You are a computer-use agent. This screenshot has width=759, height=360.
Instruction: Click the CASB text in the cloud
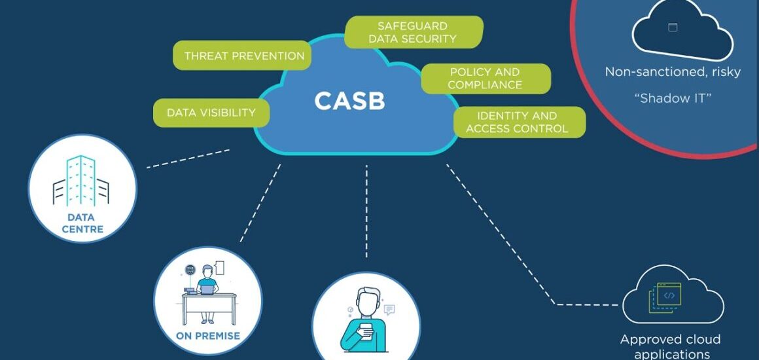(x=349, y=101)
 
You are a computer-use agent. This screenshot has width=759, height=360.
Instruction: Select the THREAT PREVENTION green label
(x=244, y=56)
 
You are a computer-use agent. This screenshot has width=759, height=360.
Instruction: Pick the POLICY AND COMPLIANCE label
(x=485, y=79)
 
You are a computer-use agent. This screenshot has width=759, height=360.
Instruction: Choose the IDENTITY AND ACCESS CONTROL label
(x=517, y=122)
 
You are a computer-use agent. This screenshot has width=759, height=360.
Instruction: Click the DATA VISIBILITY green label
(x=211, y=113)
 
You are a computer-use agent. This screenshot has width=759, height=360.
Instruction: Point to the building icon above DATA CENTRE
(x=81, y=181)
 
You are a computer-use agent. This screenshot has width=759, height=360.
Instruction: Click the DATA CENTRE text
(x=82, y=223)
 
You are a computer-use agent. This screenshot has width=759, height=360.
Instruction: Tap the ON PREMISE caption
(x=208, y=336)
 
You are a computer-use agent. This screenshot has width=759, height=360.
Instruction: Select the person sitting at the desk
(x=208, y=288)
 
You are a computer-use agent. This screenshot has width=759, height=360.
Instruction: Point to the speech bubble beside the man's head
(x=389, y=310)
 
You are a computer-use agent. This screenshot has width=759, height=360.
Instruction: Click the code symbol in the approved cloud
(x=669, y=295)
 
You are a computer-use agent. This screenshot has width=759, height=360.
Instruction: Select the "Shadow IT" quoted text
(x=673, y=99)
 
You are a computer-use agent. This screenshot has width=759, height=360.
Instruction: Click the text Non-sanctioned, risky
(x=673, y=72)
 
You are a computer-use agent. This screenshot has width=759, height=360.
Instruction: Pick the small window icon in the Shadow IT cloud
(x=672, y=27)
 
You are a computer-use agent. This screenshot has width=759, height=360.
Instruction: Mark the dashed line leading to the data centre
(x=188, y=158)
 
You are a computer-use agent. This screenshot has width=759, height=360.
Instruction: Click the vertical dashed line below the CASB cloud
(x=366, y=209)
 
